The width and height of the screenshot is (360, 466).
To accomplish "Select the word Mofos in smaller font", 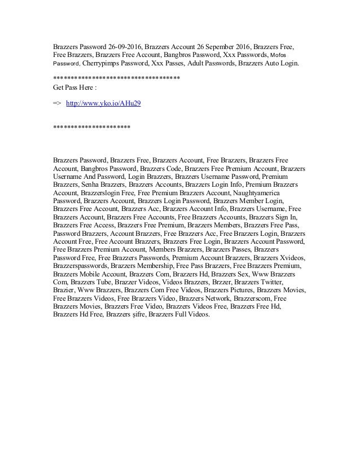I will [280, 55].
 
